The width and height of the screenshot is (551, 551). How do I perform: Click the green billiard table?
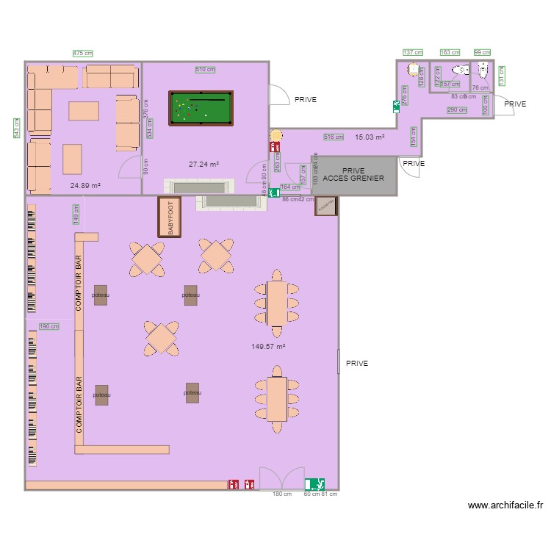point(201,109)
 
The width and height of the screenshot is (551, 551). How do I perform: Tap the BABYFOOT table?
point(170,217)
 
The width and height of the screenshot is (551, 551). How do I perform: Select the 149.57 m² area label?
point(267,346)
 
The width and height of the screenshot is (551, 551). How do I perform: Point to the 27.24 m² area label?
point(204,165)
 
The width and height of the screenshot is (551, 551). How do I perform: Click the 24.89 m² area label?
point(85,186)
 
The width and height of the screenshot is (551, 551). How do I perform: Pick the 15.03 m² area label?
point(370,137)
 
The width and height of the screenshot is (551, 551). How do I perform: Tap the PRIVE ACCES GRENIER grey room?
point(353,174)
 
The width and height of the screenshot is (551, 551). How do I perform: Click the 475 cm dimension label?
point(83,53)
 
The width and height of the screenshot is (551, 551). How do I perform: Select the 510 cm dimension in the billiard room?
point(205,70)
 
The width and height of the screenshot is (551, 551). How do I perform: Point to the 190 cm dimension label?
point(49,326)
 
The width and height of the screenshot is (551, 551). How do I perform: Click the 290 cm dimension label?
point(457,110)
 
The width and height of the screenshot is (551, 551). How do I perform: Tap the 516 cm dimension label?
point(334,137)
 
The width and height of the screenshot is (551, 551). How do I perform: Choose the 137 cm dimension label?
point(413,53)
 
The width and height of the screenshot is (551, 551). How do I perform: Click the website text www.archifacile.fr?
point(506,505)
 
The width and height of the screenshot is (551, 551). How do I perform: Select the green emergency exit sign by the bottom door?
point(316,484)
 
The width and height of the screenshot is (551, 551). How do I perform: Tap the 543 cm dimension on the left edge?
point(16,129)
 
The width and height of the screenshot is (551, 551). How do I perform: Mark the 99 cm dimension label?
point(482,53)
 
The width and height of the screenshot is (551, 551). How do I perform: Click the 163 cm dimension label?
point(450,53)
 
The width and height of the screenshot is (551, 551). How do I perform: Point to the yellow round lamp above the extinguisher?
point(275,135)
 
